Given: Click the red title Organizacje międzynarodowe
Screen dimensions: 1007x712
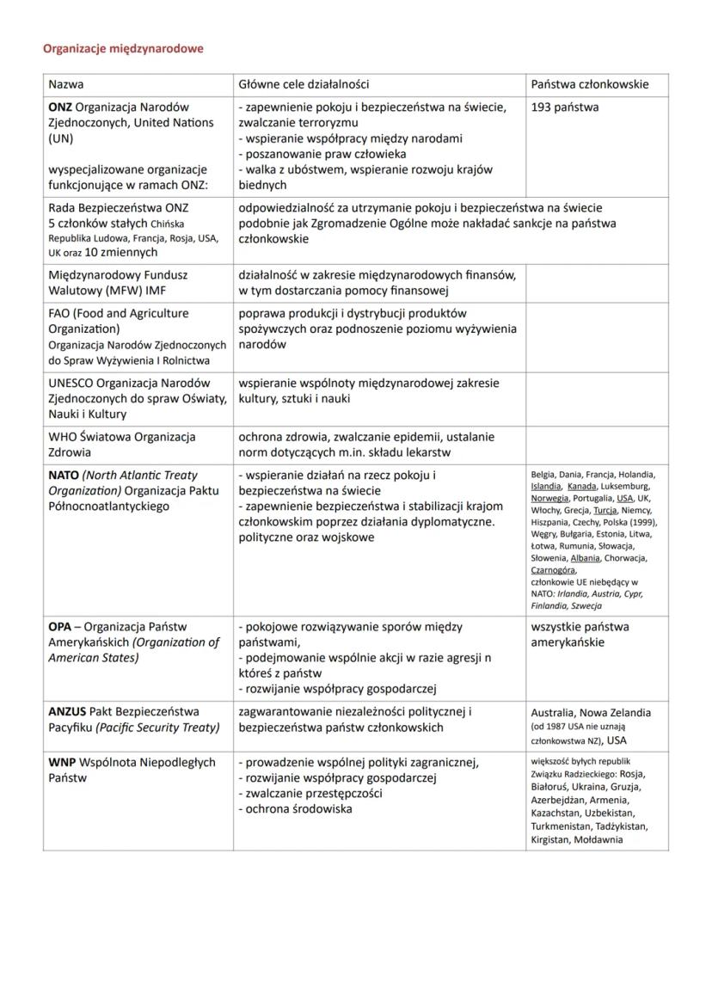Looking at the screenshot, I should pyautogui.click(x=123, y=49).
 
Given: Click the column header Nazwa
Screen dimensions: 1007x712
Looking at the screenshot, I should pyautogui.click(x=66, y=84).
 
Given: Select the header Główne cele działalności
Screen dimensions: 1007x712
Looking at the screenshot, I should pyautogui.click(x=304, y=84).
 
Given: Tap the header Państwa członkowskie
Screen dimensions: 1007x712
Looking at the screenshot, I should pyautogui.click(x=589, y=84).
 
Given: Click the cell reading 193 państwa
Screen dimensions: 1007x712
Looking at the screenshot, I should pyautogui.click(x=565, y=107).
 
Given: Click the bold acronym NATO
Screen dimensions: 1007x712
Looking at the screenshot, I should pyautogui.click(x=64, y=475).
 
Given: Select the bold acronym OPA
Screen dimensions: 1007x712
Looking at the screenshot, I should pyautogui.click(x=60, y=627).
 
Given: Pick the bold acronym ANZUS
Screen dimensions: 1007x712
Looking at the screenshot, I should pyautogui.click(x=67, y=712).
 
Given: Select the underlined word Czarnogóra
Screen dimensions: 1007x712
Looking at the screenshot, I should pyautogui.click(x=554, y=570).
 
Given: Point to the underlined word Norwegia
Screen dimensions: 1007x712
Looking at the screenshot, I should pyautogui.click(x=549, y=498).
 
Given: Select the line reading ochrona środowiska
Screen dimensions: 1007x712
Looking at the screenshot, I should pyautogui.click(x=298, y=809).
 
